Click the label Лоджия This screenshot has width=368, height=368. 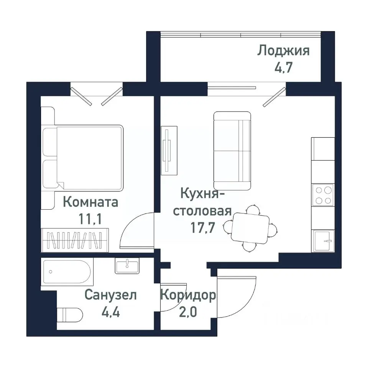point(283,51)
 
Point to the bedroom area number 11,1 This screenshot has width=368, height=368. point(91,220)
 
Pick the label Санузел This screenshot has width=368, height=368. point(110,295)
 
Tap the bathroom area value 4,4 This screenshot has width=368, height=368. point(110,313)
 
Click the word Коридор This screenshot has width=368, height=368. point(188,295)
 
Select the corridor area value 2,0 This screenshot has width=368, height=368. point(188,312)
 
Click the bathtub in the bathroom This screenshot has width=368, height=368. point(67,272)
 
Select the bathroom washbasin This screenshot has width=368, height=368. point(127,266)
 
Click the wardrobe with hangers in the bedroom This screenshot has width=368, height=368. point(75,240)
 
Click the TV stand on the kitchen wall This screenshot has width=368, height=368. point(169,151)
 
